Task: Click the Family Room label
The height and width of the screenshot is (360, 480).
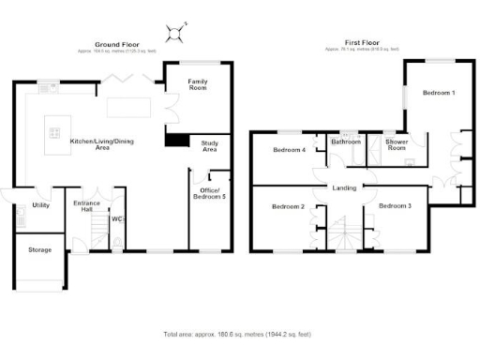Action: coord(198,83)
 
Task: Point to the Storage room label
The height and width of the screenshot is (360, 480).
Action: coord(39,250)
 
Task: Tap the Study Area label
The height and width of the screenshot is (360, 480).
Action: coord(210,145)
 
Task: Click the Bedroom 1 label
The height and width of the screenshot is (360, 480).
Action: coord(438,93)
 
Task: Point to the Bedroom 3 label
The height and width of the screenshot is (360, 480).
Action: coord(395,205)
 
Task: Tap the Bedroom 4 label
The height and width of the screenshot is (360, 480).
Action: coord(289,150)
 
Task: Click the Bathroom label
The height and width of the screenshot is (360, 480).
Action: coord(345,142)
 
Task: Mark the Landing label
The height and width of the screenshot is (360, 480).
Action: coord(343,188)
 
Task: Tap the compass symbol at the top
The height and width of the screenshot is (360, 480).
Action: coord(172,34)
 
